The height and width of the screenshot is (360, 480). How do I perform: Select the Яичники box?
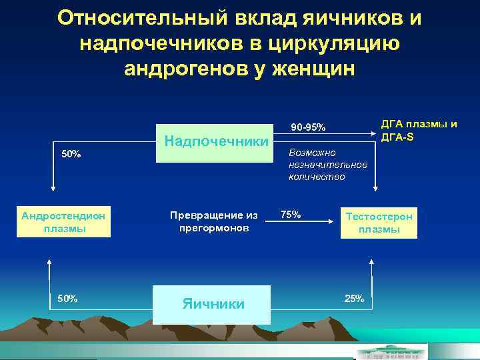pos(212,304)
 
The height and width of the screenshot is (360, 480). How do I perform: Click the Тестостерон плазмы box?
pos(379,223)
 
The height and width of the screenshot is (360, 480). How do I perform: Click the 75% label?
pos(291,215)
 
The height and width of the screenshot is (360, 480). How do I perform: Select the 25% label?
pos(354,298)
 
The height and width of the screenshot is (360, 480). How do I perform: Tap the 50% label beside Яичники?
pos(67,298)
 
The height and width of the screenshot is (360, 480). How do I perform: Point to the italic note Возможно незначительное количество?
pos(327,165)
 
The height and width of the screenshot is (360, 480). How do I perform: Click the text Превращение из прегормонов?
pos(213,222)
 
